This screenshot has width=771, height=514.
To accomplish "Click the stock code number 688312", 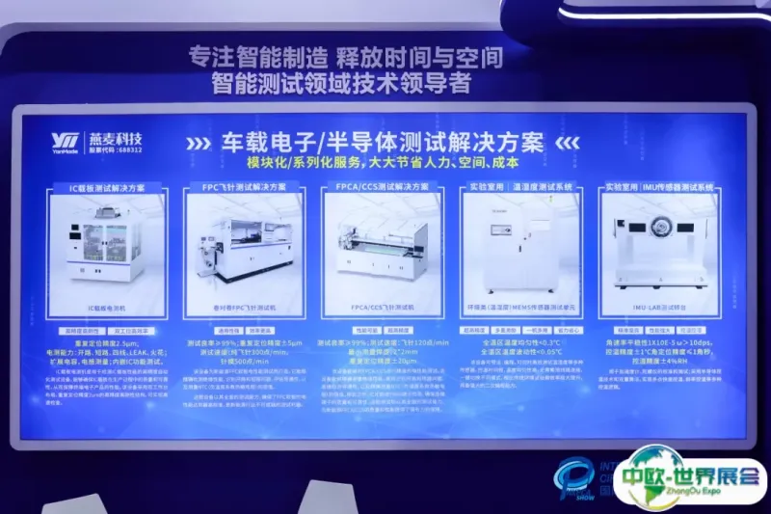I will click(124, 151).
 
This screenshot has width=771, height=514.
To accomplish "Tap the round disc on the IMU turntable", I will click(661, 228).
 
